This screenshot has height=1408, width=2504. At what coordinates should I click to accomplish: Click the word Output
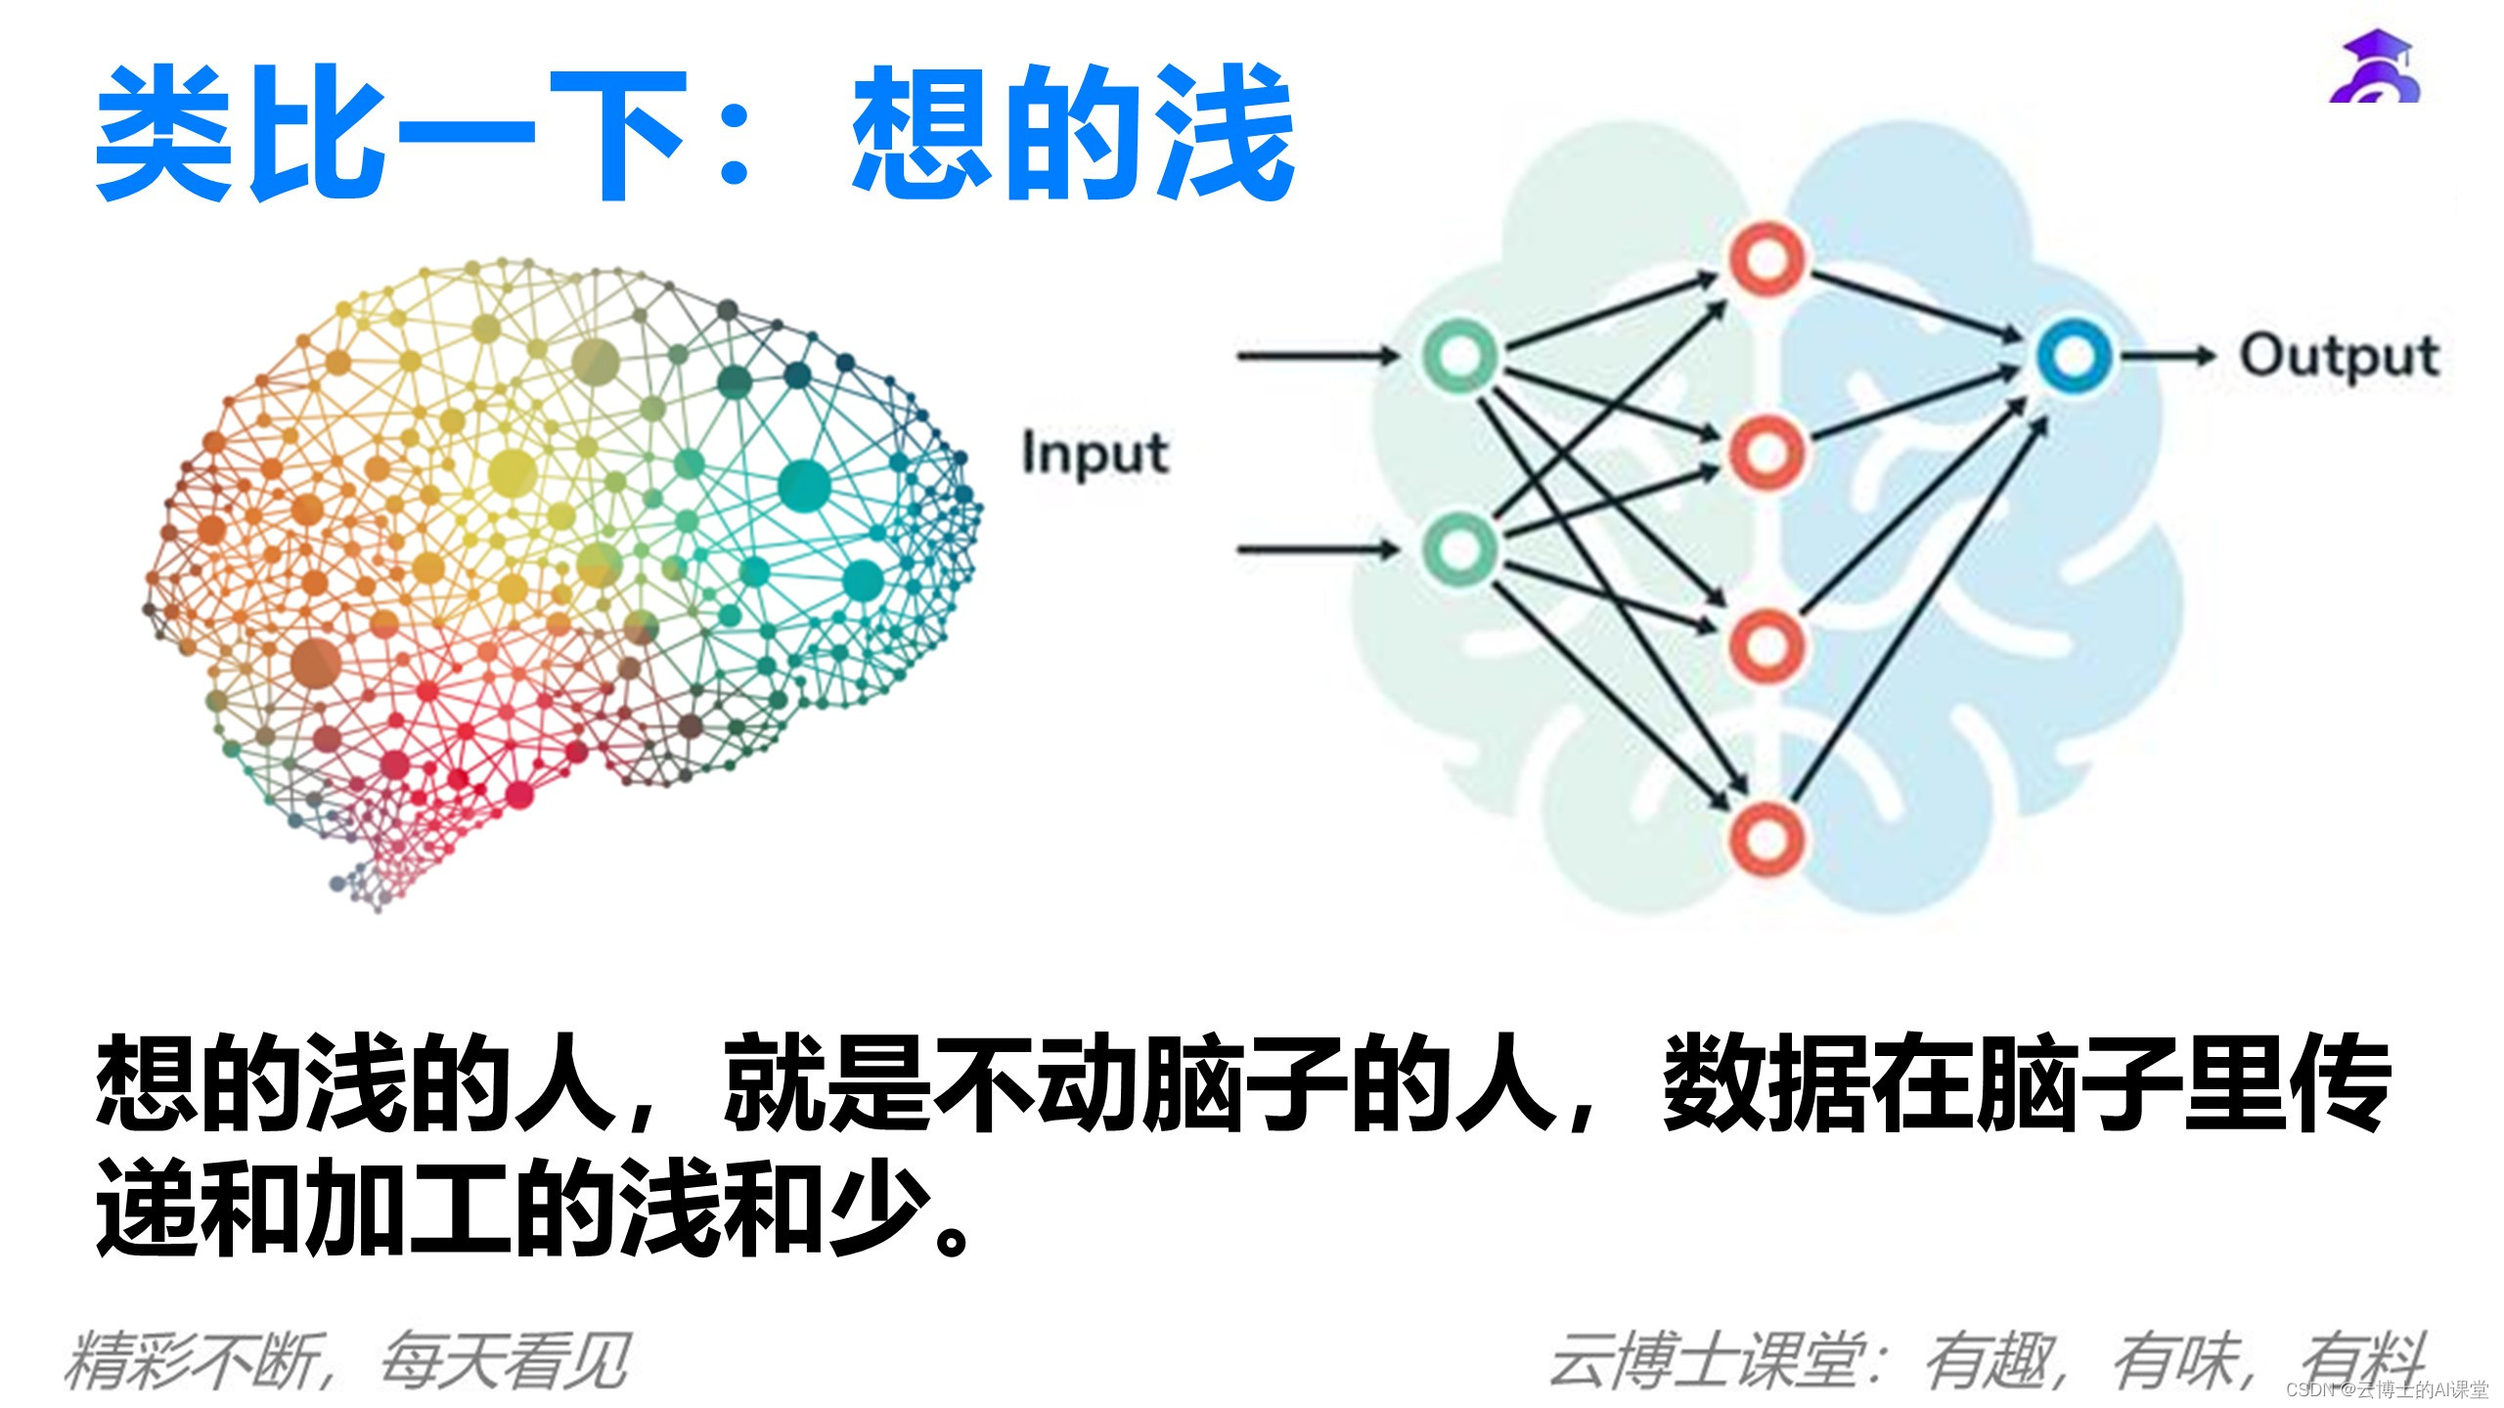[x=2339, y=357]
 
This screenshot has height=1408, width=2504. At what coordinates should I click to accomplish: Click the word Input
[x=1095, y=455]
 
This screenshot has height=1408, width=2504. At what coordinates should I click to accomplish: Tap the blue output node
[x=2073, y=356]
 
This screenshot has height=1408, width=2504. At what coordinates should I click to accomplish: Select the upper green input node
[x=1458, y=355]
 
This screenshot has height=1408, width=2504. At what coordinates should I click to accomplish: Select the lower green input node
[x=1458, y=549]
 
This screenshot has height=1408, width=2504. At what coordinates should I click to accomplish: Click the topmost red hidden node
[x=1766, y=259]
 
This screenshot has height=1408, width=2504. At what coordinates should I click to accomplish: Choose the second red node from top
[x=1766, y=452]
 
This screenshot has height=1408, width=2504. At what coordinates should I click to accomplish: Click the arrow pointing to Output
[x=2166, y=356]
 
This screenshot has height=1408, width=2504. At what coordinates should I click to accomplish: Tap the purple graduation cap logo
[x=2375, y=68]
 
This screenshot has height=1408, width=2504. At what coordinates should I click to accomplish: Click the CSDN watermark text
[x=2387, y=1389]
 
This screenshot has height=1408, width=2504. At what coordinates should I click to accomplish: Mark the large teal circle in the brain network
[x=804, y=486]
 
